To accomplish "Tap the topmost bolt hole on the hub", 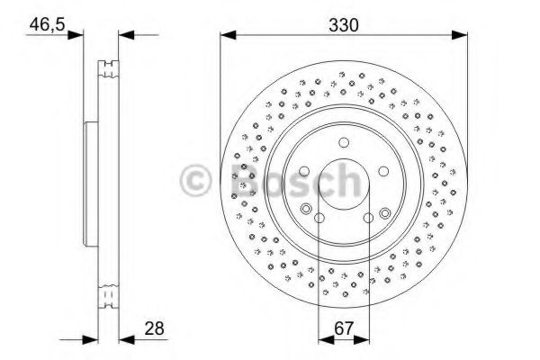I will pos(343,143).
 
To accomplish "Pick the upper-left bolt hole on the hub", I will pos(305,171).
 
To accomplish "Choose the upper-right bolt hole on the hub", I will pos(382,171).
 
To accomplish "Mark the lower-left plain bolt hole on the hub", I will pos(319,217).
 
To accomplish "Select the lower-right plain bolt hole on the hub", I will pos(367,217).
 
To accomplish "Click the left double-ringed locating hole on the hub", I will pos(307,211).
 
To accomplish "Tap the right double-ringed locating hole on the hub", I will pos(384,212).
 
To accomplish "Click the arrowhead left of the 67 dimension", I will pos(324,339).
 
